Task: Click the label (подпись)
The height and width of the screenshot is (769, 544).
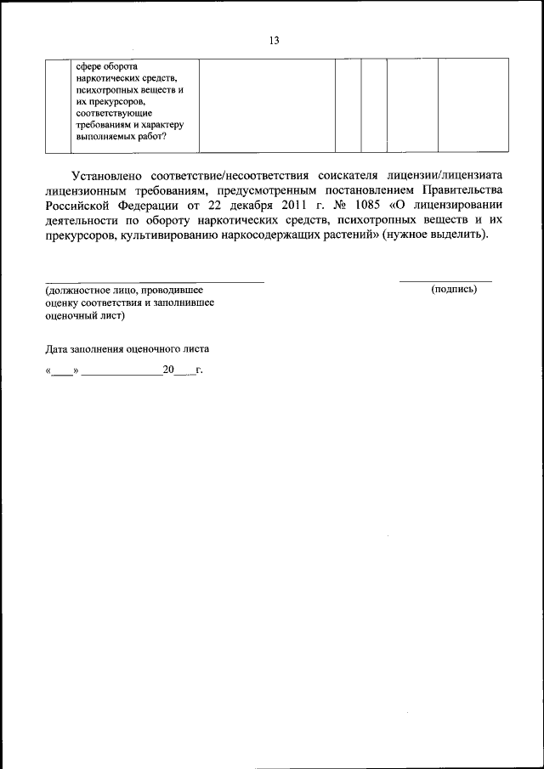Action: (454, 289)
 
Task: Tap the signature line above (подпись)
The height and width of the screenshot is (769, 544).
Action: (445, 280)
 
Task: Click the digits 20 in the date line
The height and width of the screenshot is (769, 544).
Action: (167, 370)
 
